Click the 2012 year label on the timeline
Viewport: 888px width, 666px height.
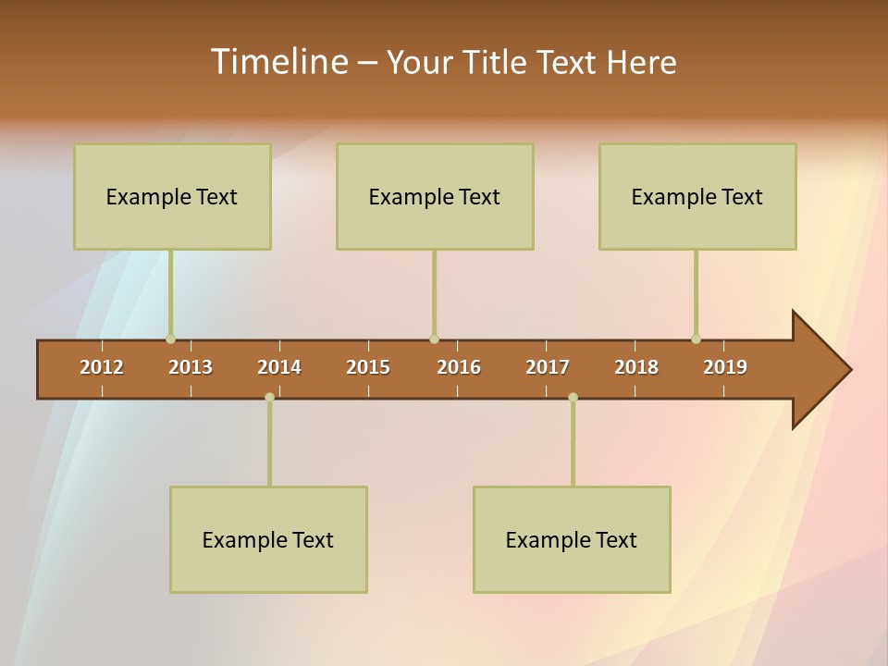click(102, 367)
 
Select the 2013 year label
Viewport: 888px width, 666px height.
click(191, 367)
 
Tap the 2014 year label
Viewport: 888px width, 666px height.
click(279, 367)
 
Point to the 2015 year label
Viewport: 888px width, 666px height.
click(368, 367)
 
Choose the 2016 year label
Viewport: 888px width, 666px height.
click(459, 367)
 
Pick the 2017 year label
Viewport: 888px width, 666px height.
click(548, 367)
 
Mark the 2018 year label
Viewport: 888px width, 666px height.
click(636, 367)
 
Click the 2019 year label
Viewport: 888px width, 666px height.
click(725, 367)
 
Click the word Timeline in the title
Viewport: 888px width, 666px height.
click(278, 62)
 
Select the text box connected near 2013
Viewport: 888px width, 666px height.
click(172, 196)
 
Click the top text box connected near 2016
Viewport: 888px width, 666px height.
click(435, 196)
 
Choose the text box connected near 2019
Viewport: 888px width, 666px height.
click(697, 196)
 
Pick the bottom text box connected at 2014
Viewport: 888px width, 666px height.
click(268, 539)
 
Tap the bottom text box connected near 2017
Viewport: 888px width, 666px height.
click(572, 539)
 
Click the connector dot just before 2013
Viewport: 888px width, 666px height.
click(170, 339)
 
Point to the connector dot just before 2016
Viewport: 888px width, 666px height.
click(434, 339)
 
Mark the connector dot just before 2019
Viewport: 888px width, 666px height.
click(696, 339)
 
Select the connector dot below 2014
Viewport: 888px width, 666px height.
click(269, 397)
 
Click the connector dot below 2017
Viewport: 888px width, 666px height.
click(573, 397)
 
